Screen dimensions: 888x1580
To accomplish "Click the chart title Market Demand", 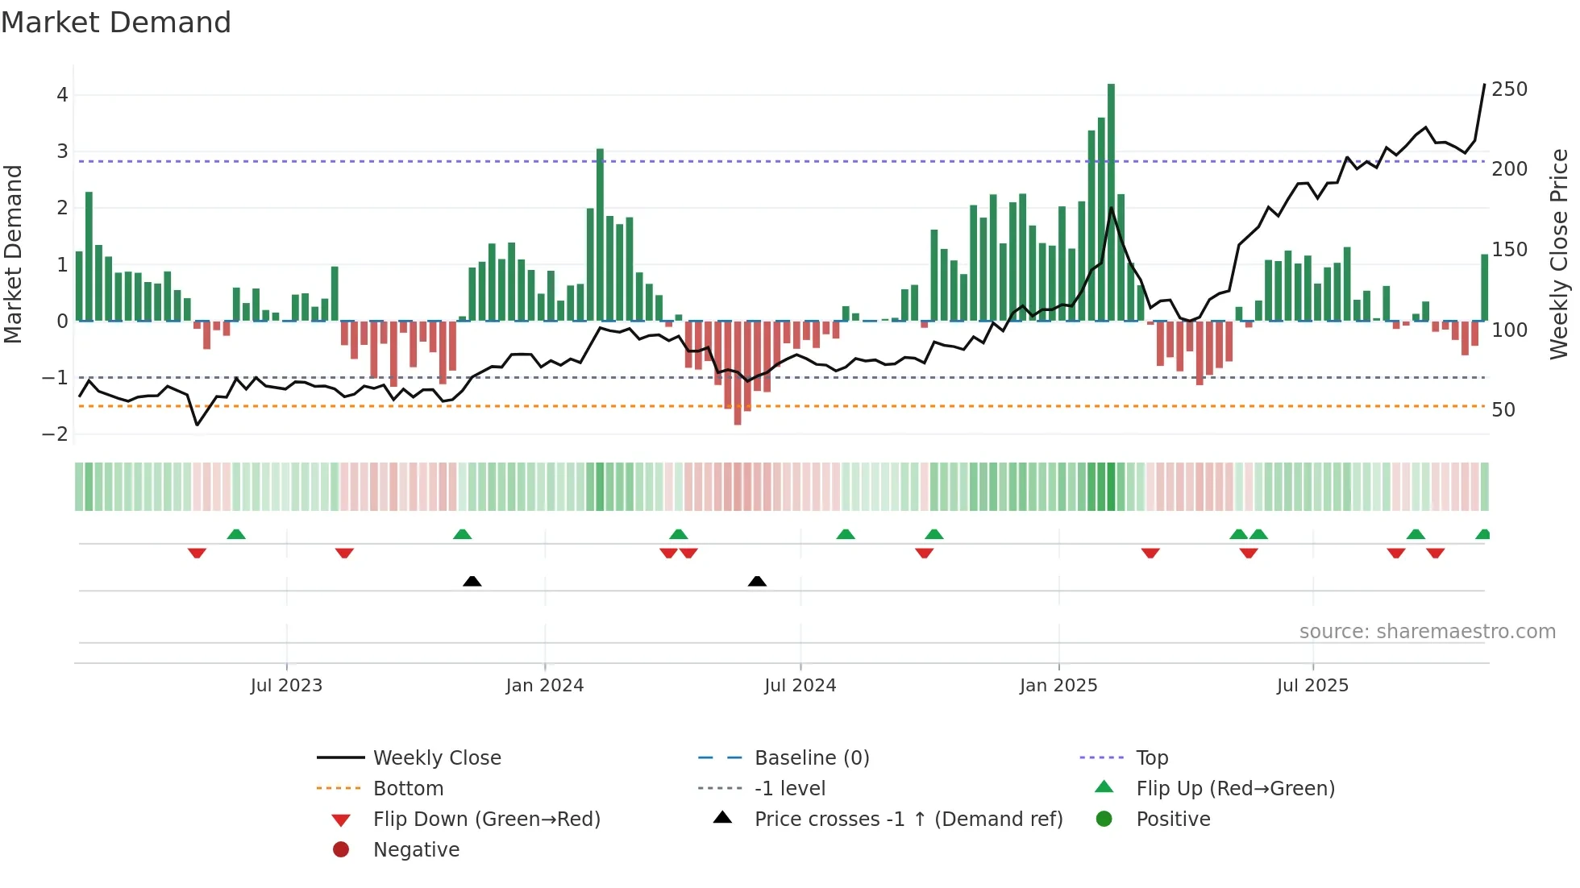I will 116,23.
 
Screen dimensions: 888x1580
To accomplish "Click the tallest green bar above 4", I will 1111,201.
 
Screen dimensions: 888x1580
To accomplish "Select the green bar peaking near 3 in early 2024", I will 600,234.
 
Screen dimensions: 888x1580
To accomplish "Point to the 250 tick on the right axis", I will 1509,89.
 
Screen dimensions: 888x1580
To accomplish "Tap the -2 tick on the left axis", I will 56,434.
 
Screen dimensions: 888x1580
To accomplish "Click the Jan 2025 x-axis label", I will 1058,686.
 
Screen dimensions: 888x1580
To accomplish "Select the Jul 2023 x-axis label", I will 286,686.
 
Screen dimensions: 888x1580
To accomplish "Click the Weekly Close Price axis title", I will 1559,254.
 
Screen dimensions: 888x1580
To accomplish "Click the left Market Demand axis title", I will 13,254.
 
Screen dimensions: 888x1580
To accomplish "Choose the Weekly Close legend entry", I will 436,758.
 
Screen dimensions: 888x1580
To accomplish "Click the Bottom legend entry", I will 408,789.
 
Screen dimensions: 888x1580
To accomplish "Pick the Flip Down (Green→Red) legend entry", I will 486,820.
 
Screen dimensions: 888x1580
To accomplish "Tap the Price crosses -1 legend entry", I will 908,820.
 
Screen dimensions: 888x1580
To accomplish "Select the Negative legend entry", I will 416,850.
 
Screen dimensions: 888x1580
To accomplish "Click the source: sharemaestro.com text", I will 1427,632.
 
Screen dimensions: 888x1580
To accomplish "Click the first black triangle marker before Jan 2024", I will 472,582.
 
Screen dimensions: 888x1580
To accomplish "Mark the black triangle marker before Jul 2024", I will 757,582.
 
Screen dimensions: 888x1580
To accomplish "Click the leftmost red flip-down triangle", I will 197,553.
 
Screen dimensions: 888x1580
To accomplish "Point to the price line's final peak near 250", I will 1484,85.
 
